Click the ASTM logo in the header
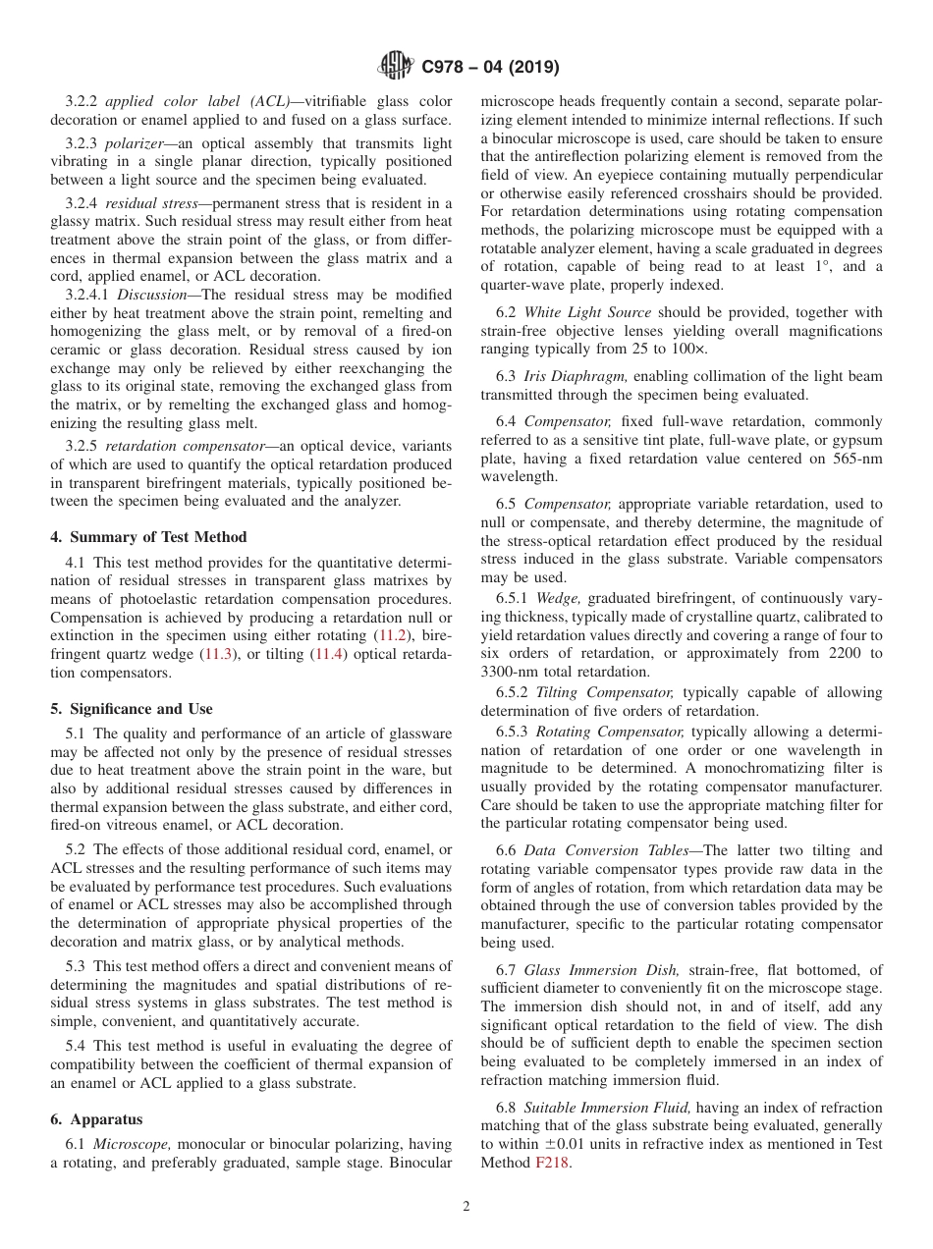(396, 67)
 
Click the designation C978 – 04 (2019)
(490, 68)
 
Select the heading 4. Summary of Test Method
(148, 537)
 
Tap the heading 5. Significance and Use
(131, 709)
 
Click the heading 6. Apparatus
(96, 1119)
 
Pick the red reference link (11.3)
(218, 655)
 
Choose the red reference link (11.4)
(328, 655)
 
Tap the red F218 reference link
(552, 1164)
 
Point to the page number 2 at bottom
(466, 1207)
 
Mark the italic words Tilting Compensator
(604, 692)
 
